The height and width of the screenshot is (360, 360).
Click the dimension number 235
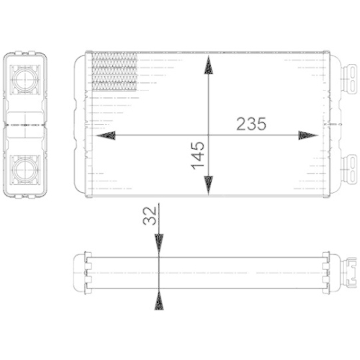251,123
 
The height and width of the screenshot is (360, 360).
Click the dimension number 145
198,156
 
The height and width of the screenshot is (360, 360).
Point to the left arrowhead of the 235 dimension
105,135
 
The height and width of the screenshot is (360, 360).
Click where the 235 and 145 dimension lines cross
209,135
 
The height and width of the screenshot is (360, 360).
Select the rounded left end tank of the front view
80,124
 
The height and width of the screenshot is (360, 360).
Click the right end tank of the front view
336,124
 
